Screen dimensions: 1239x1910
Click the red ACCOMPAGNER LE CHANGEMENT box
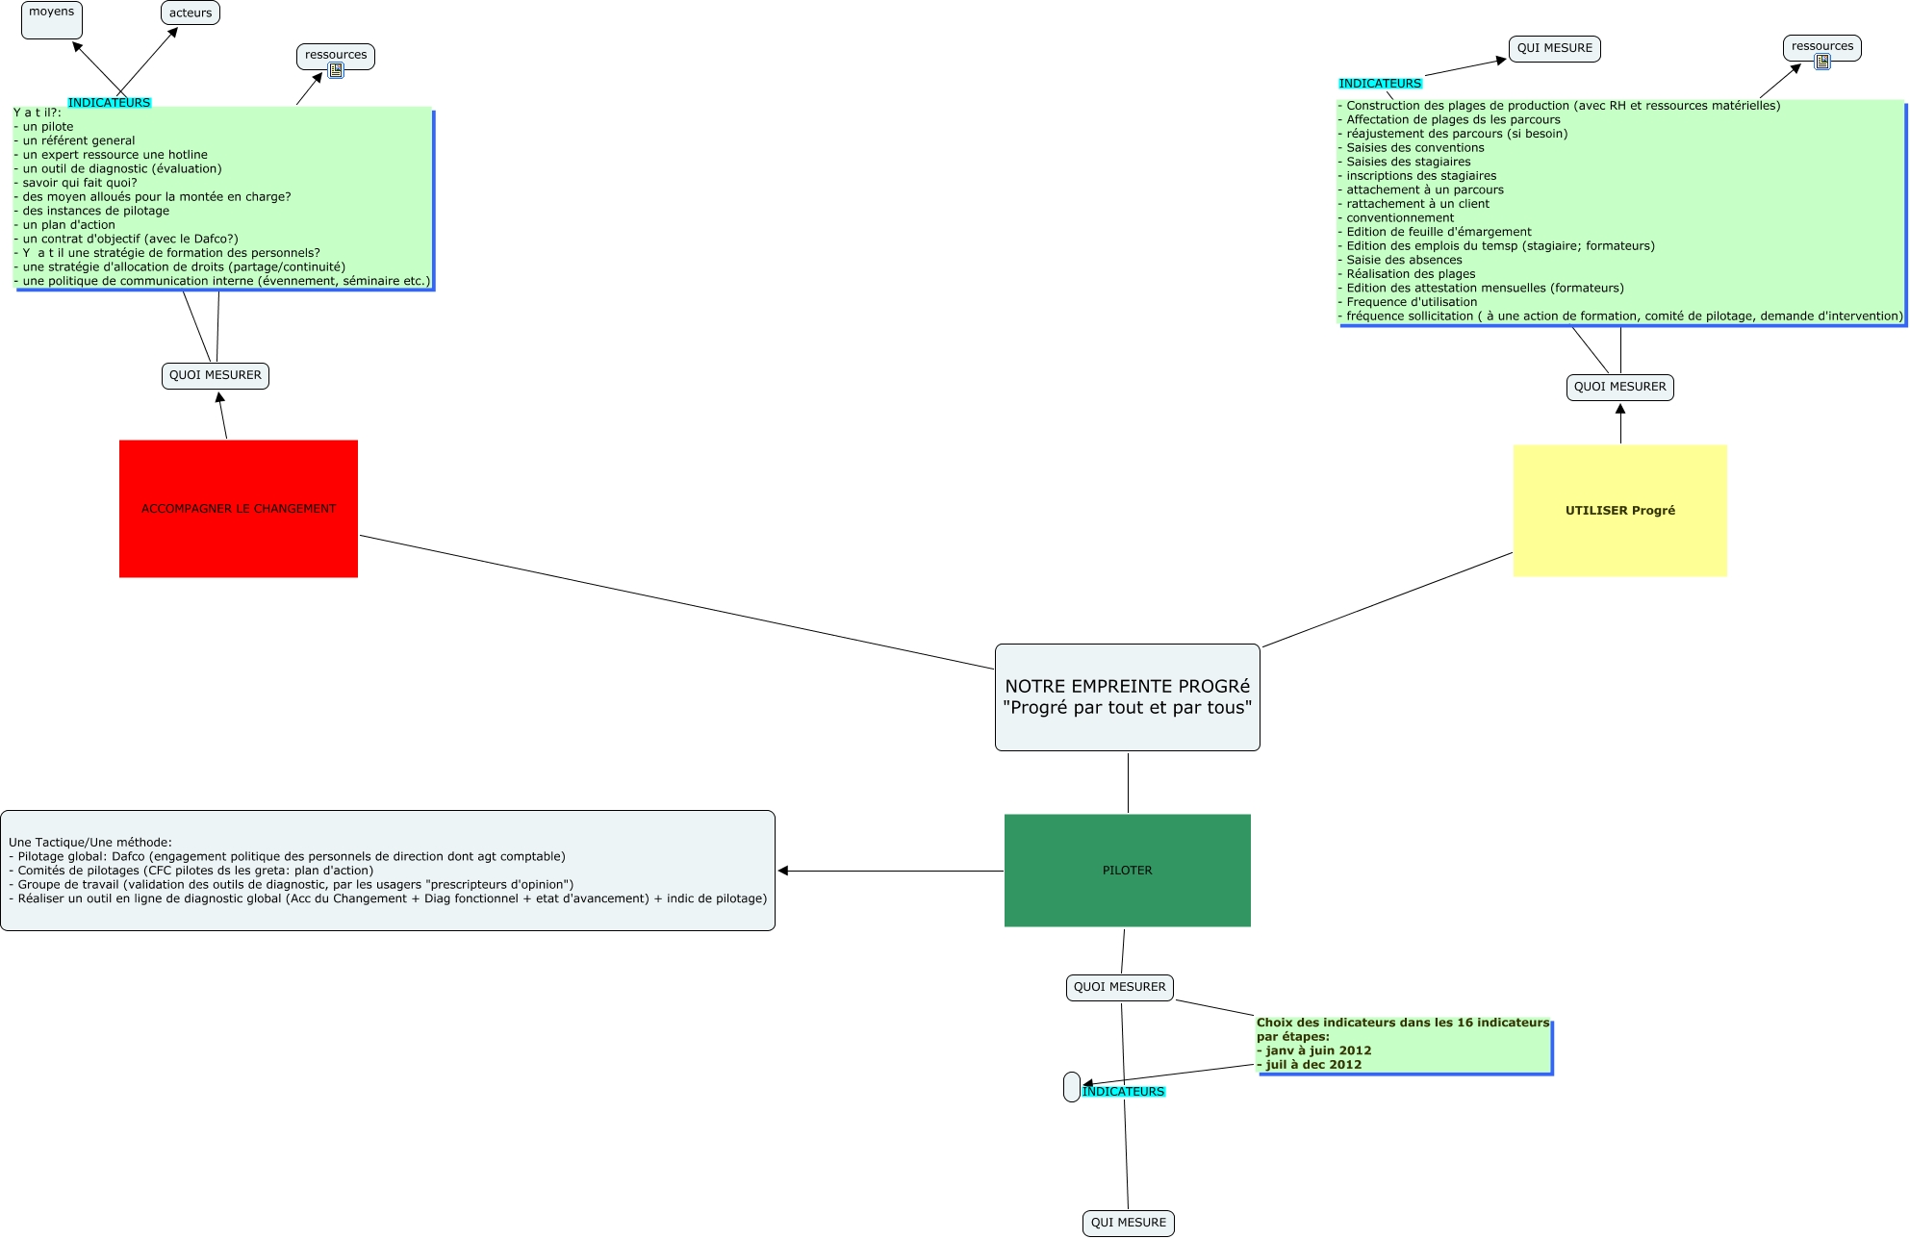(239, 508)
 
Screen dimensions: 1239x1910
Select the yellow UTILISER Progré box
(1619, 510)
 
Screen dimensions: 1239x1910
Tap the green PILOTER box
(1127, 870)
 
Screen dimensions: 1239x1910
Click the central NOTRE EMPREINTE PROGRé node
(1127, 696)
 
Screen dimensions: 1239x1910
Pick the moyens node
(52, 18)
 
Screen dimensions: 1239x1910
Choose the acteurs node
(191, 13)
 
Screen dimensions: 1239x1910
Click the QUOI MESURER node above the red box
(216, 375)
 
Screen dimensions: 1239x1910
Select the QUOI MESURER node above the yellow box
(1619, 387)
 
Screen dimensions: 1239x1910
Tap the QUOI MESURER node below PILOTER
(1119, 987)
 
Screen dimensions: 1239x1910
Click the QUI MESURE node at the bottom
(1128, 1223)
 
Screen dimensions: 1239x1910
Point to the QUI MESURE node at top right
(1554, 48)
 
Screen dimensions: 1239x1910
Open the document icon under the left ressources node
(336, 70)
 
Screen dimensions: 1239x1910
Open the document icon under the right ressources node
(1821, 62)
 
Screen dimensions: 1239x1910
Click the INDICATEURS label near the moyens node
(109, 103)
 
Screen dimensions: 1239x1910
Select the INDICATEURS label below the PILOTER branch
(1123, 1092)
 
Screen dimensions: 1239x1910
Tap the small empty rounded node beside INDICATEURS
(1071, 1087)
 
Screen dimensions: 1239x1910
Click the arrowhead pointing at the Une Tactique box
(783, 871)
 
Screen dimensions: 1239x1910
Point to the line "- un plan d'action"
(67, 225)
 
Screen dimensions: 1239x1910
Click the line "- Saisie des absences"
(1403, 260)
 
